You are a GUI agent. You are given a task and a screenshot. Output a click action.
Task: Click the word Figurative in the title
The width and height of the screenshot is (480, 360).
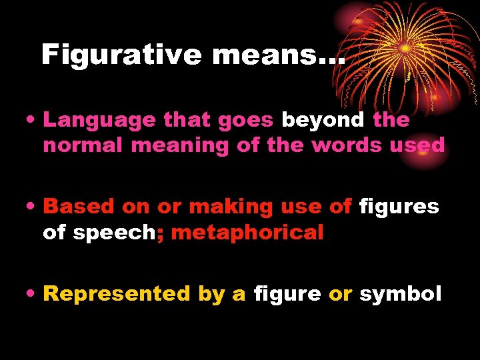tap(121, 54)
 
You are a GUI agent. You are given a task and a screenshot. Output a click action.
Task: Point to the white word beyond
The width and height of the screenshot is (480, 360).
tap(323, 121)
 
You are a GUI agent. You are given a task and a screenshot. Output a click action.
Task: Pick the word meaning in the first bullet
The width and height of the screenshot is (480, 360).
tap(176, 145)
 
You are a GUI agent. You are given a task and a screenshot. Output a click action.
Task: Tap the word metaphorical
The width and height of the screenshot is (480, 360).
tap(247, 233)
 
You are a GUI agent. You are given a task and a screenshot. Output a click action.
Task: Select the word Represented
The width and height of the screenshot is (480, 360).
tap(117, 295)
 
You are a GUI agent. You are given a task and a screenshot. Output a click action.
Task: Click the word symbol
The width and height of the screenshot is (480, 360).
tap(400, 295)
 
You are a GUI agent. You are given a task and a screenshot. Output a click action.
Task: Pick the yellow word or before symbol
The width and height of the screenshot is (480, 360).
tap(340, 295)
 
